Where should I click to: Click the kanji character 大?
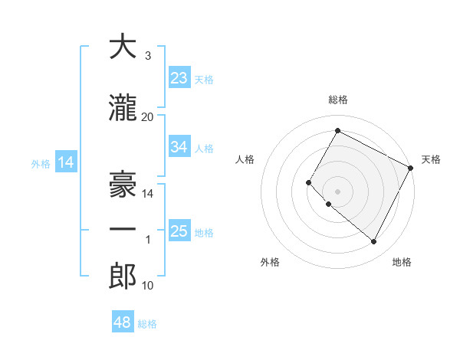pyautogui.click(x=123, y=47)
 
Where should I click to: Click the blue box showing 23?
pyautogui.click(x=179, y=78)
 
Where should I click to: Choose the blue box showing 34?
pyautogui.click(x=179, y=147)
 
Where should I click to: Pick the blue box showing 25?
pyautogui.click(x=179, y=231)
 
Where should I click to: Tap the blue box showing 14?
pyautogui.click(x=66, y=162)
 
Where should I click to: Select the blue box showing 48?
pyautogui.click(x=123, y=323)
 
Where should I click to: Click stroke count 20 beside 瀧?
pyautogui.click(x=148, y=116)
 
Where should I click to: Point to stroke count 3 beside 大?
pyautogui.click(x=148, y=56)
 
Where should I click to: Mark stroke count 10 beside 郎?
pyautogui.click(x=148, y=286)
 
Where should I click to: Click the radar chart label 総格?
pyautogui.click(x=337, y=100)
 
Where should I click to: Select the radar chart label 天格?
pyautogui.click(x=431, y=159)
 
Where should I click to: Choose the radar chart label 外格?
pyautogui.click(x=270, y=263)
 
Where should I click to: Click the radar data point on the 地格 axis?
pyautogui.click(x=374, y=242)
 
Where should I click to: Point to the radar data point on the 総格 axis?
pyautogui.click(x=337, y=130)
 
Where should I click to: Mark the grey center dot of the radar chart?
pyautogui.click(x=337, y=191)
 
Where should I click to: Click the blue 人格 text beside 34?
pyautogui.click(x=204, y=148)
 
